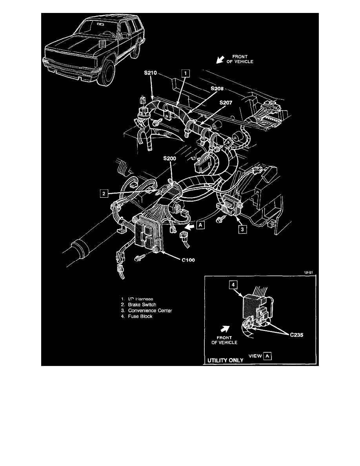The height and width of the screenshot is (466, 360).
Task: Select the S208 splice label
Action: [217, 89]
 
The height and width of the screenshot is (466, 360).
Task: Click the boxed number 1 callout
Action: [185, 73]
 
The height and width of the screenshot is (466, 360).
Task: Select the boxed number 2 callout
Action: [103, 193]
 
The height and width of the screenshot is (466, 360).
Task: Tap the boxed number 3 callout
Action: [243, 229]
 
